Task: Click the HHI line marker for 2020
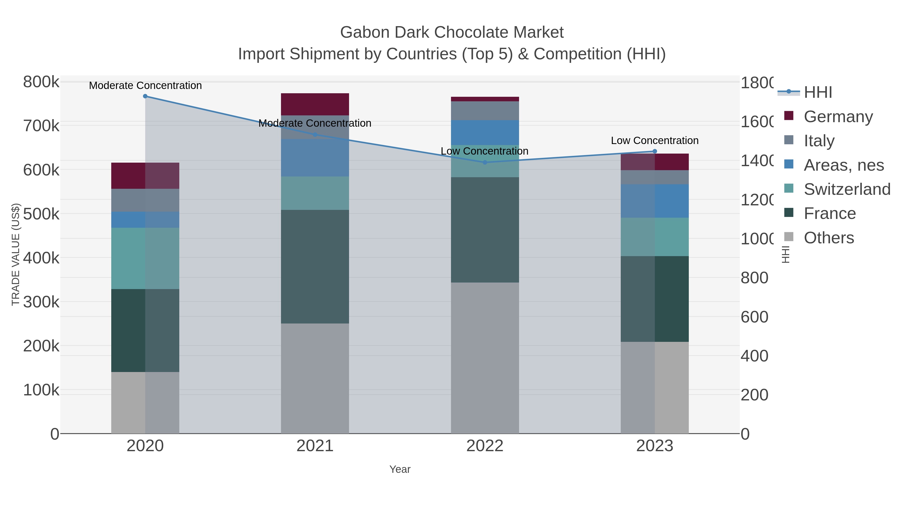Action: click(145, 96)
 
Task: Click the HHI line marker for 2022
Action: click(485, 162)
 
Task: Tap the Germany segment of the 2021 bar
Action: click(315, 104)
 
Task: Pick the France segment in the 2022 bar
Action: click(485, 230)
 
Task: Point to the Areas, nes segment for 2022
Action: click(485, 132)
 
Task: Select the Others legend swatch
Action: click(788, 237)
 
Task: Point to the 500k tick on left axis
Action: click(41, 214)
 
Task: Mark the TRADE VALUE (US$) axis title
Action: click(16, 254)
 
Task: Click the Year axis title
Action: click(400, 469)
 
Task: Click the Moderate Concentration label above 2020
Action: click(145, 85)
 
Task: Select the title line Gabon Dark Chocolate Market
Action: click(452, 32)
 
